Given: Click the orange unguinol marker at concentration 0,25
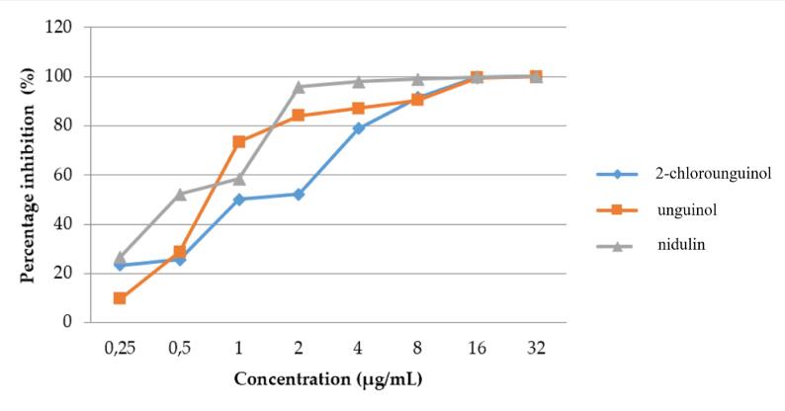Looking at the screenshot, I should tap(120, 297).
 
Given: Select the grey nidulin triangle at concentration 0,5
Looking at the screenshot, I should tap(180, 194).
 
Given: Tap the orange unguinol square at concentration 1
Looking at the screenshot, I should tap(239, 141).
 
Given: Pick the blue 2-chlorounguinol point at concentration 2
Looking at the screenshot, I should tap(299, 194).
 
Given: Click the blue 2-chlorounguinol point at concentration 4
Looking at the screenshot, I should tap(358, 127).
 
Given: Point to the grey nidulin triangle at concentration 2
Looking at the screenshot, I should tap(299, 86).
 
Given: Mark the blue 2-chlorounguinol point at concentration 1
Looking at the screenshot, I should tap(239, 199).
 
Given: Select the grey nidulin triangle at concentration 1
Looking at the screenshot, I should tap(239, 178).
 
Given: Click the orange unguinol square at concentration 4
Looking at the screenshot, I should tap(358, 108).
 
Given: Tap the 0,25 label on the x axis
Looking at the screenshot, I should tap(120, 348).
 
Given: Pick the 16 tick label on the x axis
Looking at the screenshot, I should tap(477, 348).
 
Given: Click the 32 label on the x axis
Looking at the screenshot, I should tap(536, 348).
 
